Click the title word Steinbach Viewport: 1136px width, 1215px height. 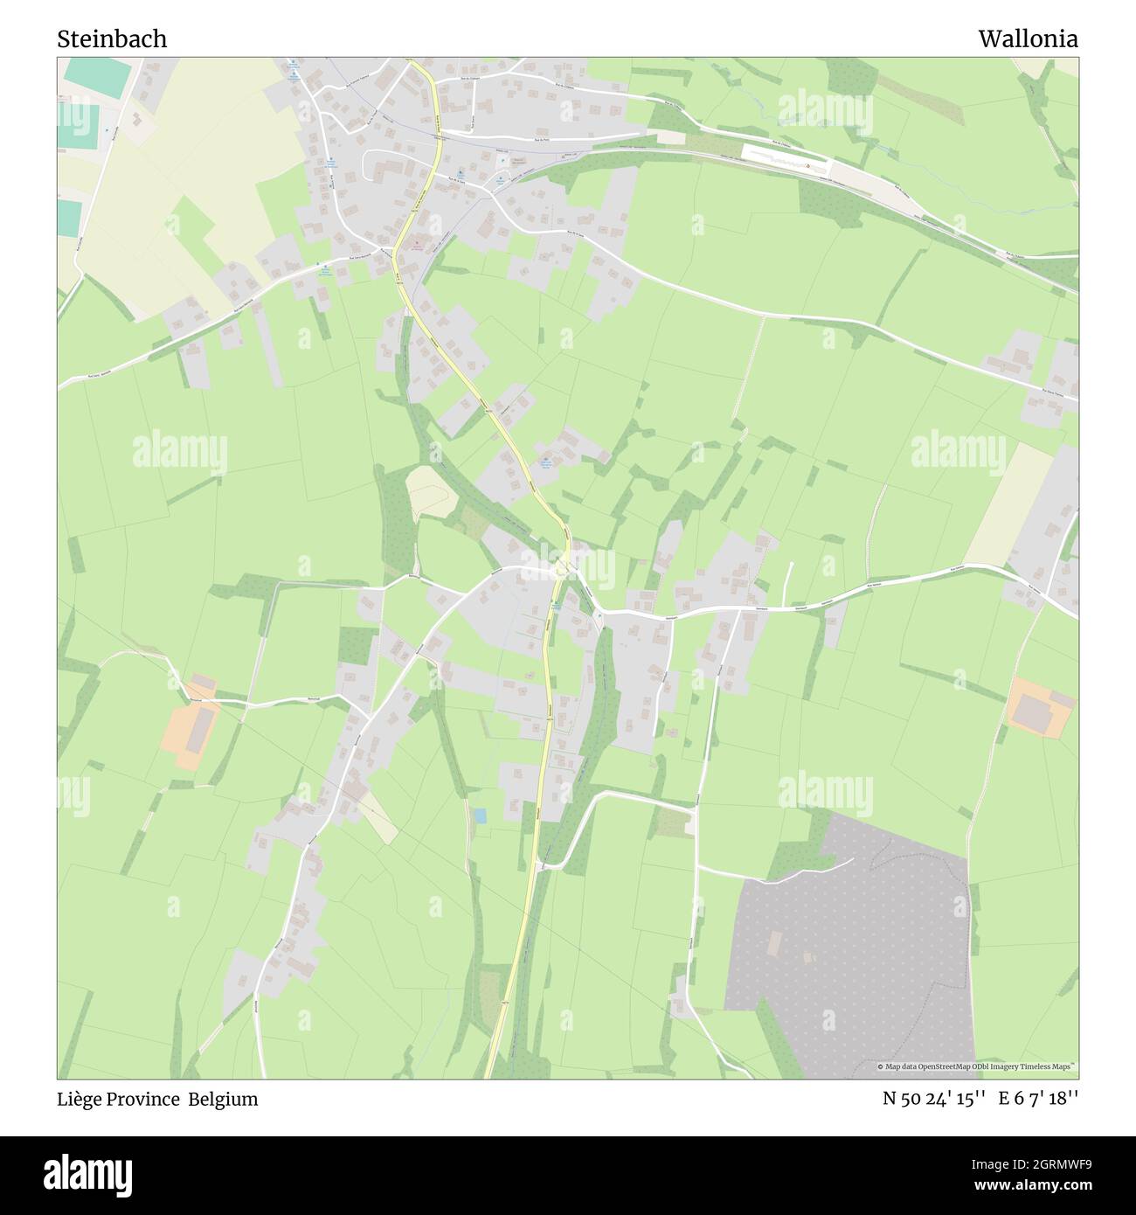click(x=112, y=39)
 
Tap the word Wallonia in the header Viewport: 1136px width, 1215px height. click(x=1028, y=39)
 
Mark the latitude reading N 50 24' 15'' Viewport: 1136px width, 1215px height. click(x=935, y=1100)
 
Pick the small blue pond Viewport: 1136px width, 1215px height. click(x=480, y=816)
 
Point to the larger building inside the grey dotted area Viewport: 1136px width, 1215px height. click(x=774, y=944)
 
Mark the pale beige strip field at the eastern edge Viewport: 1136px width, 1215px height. click(x=1009, y=505)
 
